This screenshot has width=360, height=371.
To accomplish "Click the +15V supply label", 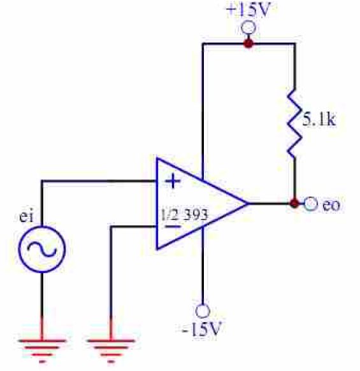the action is (248, 10).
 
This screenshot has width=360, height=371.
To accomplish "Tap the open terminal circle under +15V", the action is (248, 28).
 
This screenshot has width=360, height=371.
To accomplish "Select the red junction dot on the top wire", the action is (248, 43).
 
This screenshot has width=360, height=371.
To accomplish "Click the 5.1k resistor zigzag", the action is (294, 123).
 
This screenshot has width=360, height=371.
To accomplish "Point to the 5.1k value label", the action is (319, 119).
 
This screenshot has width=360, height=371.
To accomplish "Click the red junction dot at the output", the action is (294, 203).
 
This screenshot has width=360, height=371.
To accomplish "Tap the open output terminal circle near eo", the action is (310, 204).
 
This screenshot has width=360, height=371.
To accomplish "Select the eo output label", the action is (331, 205).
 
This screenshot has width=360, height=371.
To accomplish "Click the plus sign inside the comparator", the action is (173, 181).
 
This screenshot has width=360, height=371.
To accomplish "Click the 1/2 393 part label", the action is (184, 215).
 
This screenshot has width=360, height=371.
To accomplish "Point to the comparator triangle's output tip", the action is (248, 203).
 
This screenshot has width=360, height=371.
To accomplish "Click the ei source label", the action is (26, 216).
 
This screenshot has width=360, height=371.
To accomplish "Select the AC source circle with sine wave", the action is (42, 249).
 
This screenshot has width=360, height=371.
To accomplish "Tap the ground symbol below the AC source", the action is (42, 351).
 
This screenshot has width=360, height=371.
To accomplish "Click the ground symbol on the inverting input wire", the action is (111, 351).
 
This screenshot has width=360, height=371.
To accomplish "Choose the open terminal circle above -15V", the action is (203, 311).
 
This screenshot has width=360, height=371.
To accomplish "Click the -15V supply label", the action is (202, 329).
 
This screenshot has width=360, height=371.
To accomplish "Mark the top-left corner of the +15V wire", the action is (203, 44).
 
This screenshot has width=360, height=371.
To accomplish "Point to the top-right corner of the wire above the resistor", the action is (294, 44).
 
